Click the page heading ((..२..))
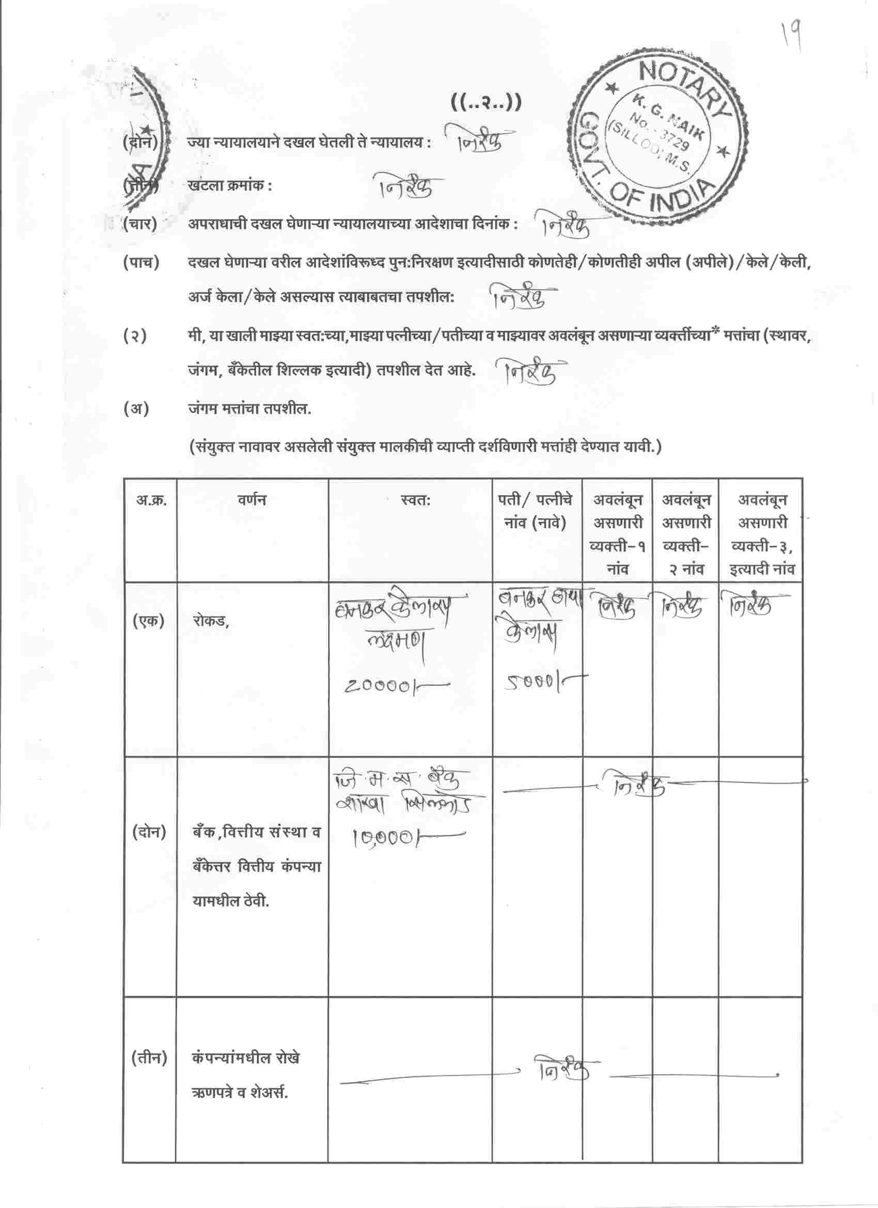coord(486,102)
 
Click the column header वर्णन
coord(252,501)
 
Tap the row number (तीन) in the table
coord(149,1058)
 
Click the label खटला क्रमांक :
coord(230,186)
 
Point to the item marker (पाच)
coord(141,263)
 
